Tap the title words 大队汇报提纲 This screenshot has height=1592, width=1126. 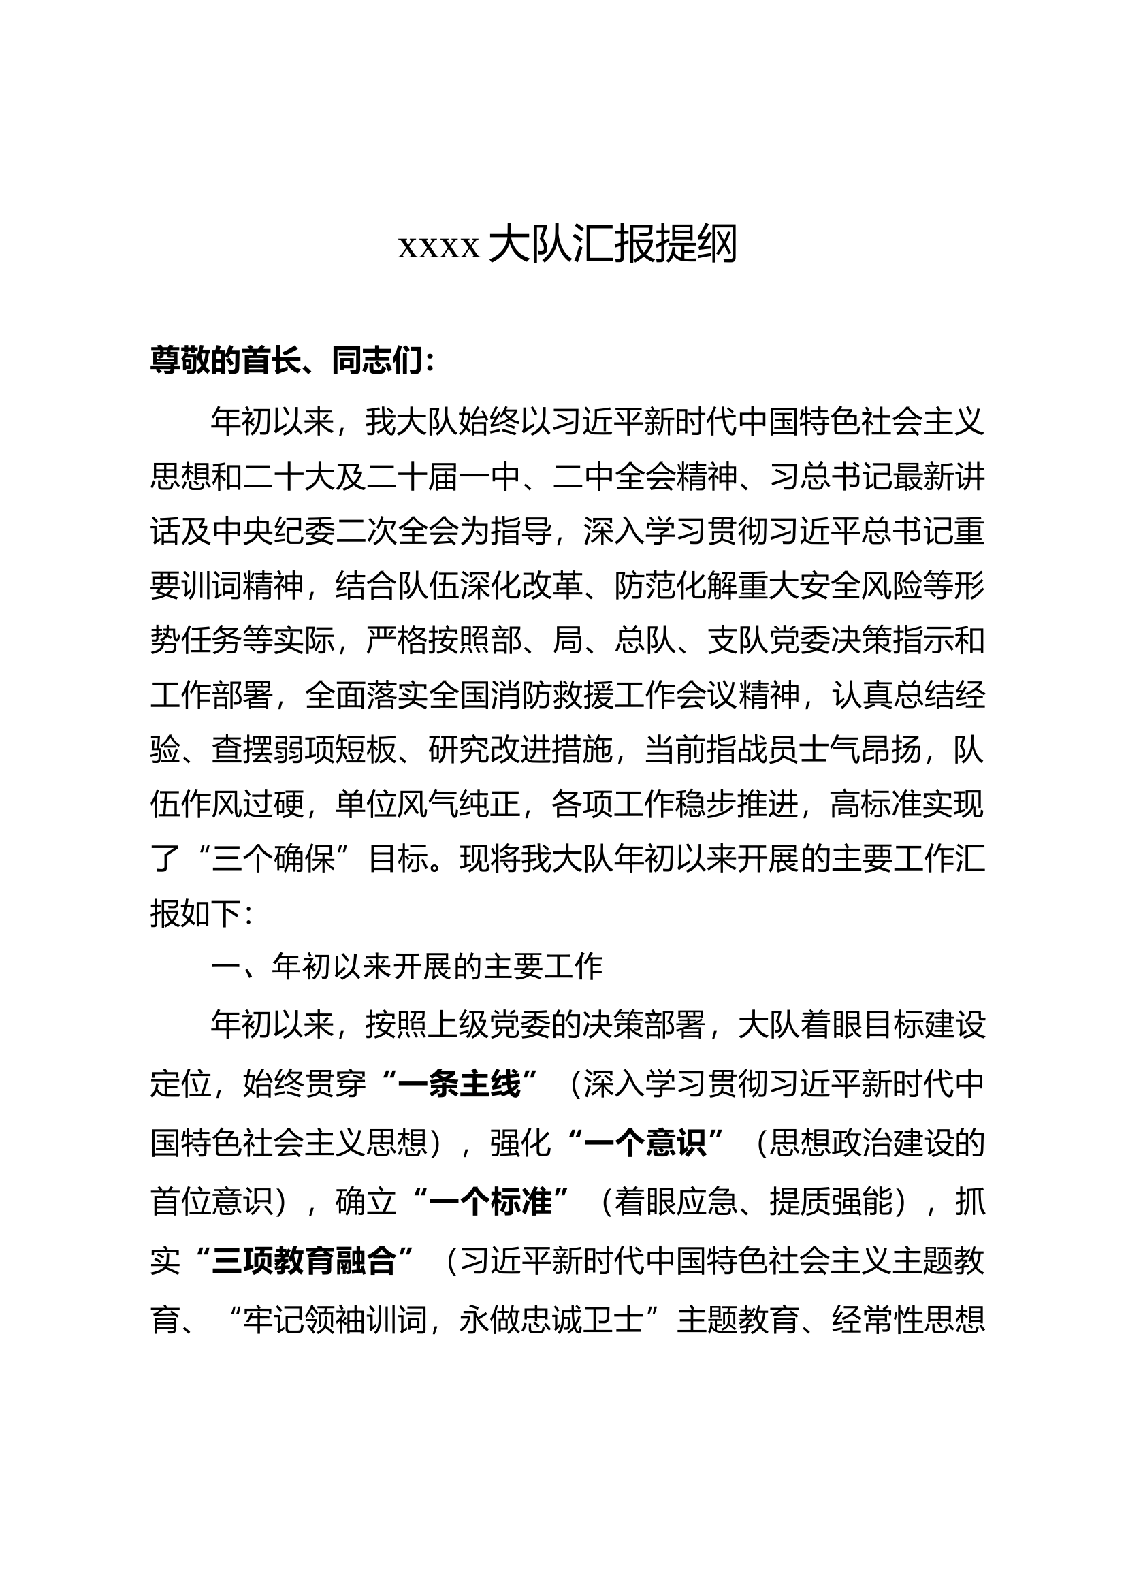613,244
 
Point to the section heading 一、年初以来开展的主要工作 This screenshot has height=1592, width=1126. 407,967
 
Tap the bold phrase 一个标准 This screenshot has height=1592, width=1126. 491,1201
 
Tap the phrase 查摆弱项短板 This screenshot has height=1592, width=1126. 304,750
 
